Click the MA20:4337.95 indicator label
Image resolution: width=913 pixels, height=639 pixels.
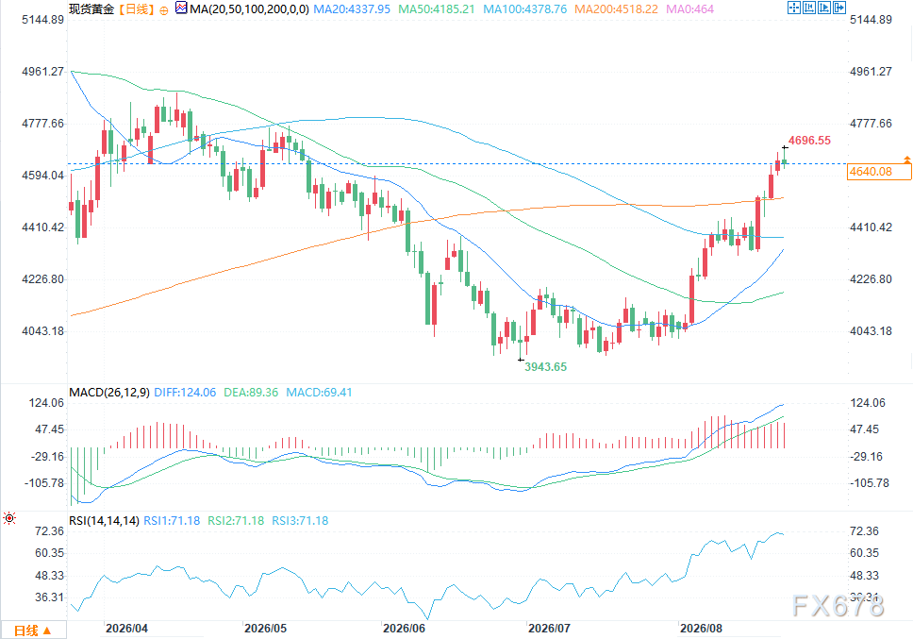352,9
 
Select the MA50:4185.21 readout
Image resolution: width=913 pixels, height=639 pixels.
436,9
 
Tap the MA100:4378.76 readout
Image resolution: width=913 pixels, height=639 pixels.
524,9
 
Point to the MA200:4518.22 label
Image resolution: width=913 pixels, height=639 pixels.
616,9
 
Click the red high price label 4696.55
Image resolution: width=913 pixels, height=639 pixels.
809,141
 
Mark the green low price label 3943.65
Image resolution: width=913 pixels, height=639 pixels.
545,367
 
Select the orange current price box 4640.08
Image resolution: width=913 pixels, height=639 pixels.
879,171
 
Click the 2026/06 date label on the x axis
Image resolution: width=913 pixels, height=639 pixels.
404,629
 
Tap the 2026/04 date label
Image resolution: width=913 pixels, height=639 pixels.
126,629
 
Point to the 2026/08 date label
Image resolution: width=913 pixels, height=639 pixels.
701,629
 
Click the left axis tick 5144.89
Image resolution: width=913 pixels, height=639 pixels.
42,20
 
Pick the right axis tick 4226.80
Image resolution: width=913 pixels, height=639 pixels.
871,279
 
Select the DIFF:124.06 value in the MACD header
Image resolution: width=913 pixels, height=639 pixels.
185,393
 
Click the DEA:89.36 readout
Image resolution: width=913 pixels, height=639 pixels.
251,393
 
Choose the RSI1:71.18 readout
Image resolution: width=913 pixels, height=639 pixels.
172,521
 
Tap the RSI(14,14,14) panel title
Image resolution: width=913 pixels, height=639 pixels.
104,521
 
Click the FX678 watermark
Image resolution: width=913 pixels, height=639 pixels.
838,606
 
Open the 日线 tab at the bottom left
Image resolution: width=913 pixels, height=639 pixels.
33,631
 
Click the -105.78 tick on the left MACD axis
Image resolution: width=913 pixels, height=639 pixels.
44,483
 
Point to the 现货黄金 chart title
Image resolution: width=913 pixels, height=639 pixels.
91,9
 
